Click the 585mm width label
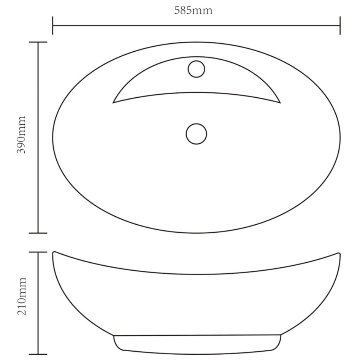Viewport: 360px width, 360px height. click(193, 11)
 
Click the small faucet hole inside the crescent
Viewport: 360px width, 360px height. click(196, 69)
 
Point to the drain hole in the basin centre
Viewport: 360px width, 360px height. click(196, 134)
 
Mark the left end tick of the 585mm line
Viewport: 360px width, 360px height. click(52, 25)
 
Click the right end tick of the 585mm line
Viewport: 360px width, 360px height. click(340, 25)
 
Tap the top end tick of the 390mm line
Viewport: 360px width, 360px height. click(38, 42)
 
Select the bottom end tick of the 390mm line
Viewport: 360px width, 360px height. click(38, 233)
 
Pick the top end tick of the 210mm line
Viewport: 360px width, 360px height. click(38, 252)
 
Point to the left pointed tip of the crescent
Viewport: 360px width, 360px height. click(113, 103)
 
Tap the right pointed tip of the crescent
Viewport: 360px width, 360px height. click(280, 103)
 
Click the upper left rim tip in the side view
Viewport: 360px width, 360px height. click(54, 252)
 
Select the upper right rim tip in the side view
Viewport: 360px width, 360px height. click(339, 253)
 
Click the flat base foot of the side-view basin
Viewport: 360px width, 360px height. click(197, 344)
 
